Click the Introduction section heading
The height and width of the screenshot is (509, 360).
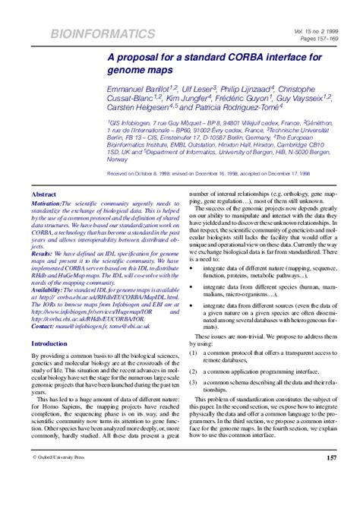49,343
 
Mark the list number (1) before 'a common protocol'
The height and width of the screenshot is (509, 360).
194,353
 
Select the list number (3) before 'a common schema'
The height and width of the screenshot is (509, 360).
194,383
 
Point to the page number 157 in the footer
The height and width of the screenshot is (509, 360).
331,479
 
